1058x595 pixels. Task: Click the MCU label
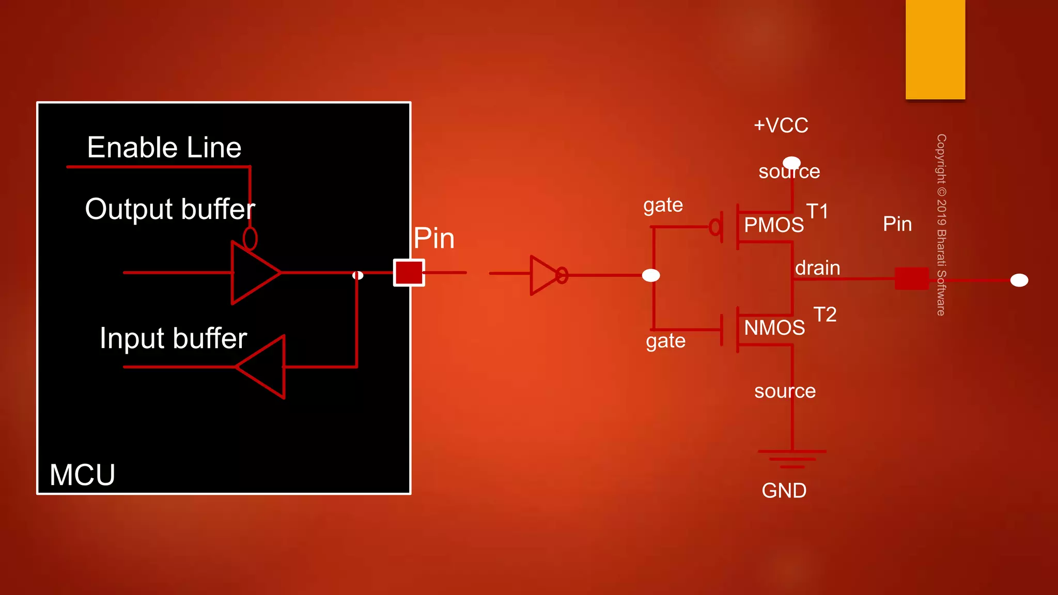[x=82, y=475]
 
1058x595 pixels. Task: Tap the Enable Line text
[x=164, y=148]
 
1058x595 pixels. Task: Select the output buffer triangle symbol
[x=253, y=272]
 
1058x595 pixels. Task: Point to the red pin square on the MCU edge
[x=409, y=272]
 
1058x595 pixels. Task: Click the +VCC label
[x=781, y=126]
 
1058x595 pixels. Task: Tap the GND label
[x=784, y=491]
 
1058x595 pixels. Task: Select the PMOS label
[x=773, y=225]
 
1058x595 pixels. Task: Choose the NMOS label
[x=774, y=328]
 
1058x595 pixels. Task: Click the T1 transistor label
[x=817, y=211]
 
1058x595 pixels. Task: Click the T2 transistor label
[x=824, y=315]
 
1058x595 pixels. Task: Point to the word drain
[x=817, y=268]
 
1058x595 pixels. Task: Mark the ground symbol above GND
[x=791, y=459]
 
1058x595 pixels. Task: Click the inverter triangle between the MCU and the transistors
[x=543, y=275]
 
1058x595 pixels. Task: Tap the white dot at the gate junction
[x=651, y=275]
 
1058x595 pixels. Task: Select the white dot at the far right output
[x=1019, y=280]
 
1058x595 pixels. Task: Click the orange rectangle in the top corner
[x=935, y=49]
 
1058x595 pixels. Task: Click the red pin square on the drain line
[x=911, y=278]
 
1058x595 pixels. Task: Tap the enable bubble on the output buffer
[x=250, y=239]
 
